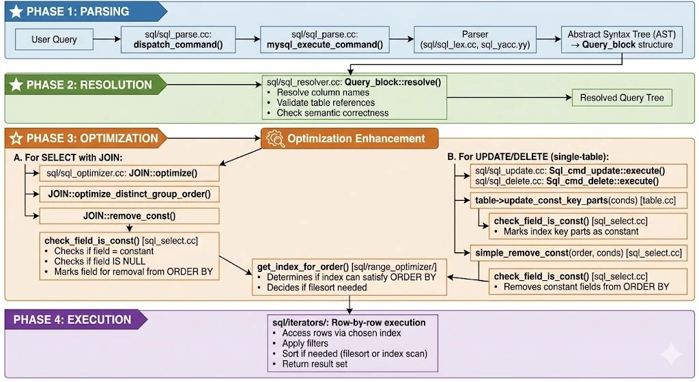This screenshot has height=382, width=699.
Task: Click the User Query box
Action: click(54, 40)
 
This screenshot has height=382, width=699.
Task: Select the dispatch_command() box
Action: click(179, 40)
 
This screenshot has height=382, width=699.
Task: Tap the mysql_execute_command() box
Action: click(324, 40)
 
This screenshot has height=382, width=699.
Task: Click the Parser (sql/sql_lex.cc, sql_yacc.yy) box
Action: click(476, 40)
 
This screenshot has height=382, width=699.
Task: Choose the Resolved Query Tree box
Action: click(622, 98)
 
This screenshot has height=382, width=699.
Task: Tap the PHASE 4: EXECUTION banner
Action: click(76, 319)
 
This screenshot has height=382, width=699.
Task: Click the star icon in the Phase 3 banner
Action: click(16, 138)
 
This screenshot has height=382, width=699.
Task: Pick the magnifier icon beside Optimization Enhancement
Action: click(274, 138)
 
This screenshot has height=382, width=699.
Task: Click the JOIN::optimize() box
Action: click(130, 173)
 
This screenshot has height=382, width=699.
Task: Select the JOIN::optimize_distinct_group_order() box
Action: click(130, 194)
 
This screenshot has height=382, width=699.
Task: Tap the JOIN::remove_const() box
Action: click(130, 216)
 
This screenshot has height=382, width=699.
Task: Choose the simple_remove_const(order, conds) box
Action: click(578, 253)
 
